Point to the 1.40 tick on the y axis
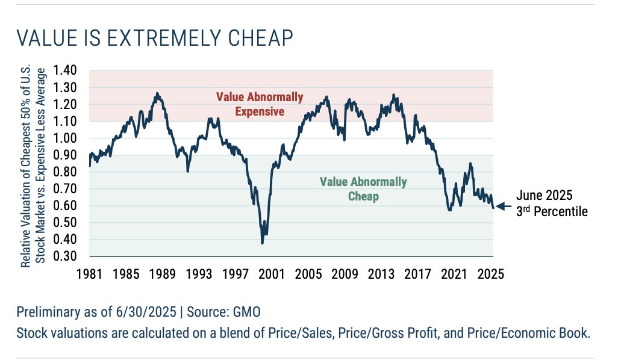pyautogui.click(x=66, y=70)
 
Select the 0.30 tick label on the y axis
pyautogui.click(x=66, y=256)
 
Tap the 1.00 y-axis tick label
pyautogui.click(x=66, y=138)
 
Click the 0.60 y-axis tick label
pyautogui.click(x=66, y=206)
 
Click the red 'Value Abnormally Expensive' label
pyautogui.click(x=260, y=104)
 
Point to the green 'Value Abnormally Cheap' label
pyautogui.click(x=363, y=189)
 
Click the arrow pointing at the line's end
pyautogui.click(x=502, y=206)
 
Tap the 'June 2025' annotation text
pyautogui.click(x=544, y=196)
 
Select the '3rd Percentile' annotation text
pyautogui.click(x=551, y=211)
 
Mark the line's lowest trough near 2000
pyautogui.click(x=262, y=243)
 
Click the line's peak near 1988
pyautogui.click(x=157, y=93)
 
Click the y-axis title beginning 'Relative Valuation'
pyautogui.click(x=33, y=167)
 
